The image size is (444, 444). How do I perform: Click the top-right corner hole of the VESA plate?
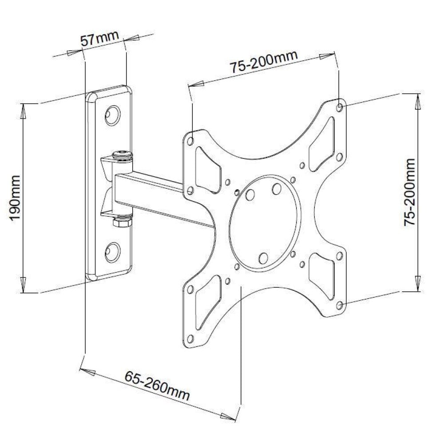(x=340, y=107)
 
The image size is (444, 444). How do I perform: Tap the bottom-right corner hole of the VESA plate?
(x=340, y=305)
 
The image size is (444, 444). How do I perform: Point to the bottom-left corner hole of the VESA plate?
(x=191, y=339)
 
